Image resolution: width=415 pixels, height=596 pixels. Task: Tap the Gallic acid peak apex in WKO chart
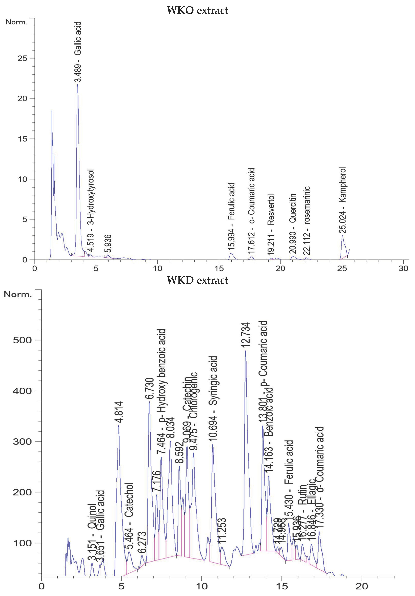(x=77, y=85)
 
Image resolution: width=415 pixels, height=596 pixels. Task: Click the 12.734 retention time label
(x=245, y=335)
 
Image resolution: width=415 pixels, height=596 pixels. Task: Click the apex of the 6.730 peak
(x=149, y=402)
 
